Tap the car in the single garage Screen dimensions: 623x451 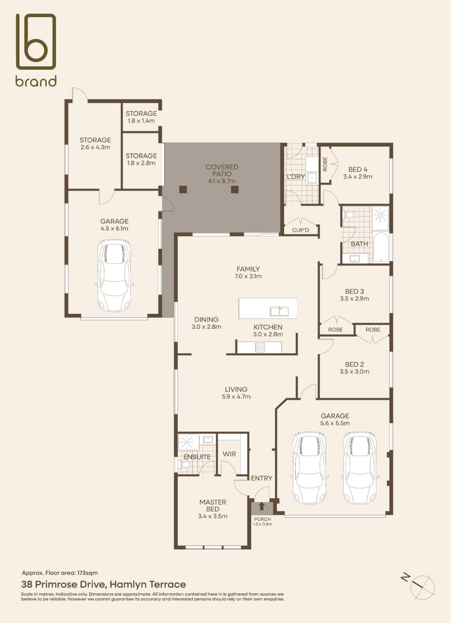[114, 275]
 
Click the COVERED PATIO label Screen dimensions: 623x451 [222, 170]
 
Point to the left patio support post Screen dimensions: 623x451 [183, 189]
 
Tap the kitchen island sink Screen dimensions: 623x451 [279, 311]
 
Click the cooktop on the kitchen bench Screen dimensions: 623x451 [260, 348]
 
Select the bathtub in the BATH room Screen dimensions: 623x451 [381, 247]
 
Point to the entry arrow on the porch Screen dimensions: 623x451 [262, 506]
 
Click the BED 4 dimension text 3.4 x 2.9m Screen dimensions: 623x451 [357, 177]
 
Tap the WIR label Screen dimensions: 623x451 [229, 454]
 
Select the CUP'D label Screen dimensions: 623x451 [300, 230]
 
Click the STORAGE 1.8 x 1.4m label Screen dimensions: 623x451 [141, 117]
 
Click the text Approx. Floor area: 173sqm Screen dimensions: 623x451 [60, 573]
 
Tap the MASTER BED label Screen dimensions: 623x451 [213, 505]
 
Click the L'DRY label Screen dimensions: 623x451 [296, 177]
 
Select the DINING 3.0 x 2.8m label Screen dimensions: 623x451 [206, 323]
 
